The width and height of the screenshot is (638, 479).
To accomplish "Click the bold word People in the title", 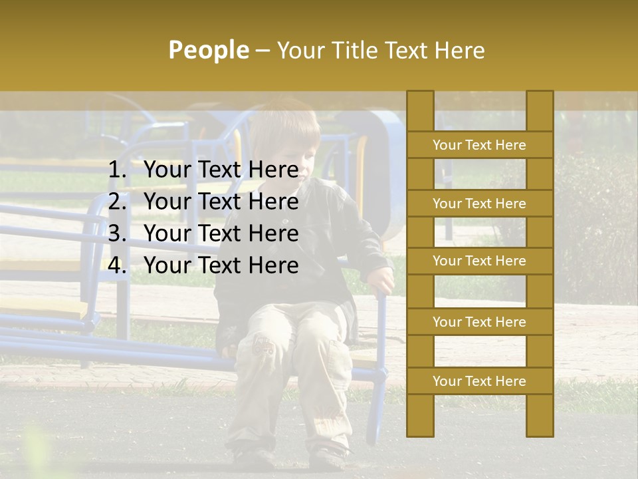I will pos(208,50).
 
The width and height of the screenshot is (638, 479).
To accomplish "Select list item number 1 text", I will pos(221,170).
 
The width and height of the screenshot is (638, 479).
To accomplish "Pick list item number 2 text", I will pos(221,202).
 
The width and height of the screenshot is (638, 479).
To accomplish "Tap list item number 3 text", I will pos(221,234).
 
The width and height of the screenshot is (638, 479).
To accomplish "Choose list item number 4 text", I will pos(221,265).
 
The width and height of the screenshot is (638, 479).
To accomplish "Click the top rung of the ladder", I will pos(479,145).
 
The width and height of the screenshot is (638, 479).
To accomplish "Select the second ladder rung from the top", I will pos(479,204).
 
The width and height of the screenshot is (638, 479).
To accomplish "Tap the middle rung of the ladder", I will pos(479,261).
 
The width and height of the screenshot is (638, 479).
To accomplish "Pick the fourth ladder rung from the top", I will pos(479,322).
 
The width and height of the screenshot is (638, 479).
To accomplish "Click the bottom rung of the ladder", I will pos(479,381).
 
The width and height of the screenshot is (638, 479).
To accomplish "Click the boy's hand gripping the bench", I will pos(381,279).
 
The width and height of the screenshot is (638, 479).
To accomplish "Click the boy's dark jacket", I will pos(332,239).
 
